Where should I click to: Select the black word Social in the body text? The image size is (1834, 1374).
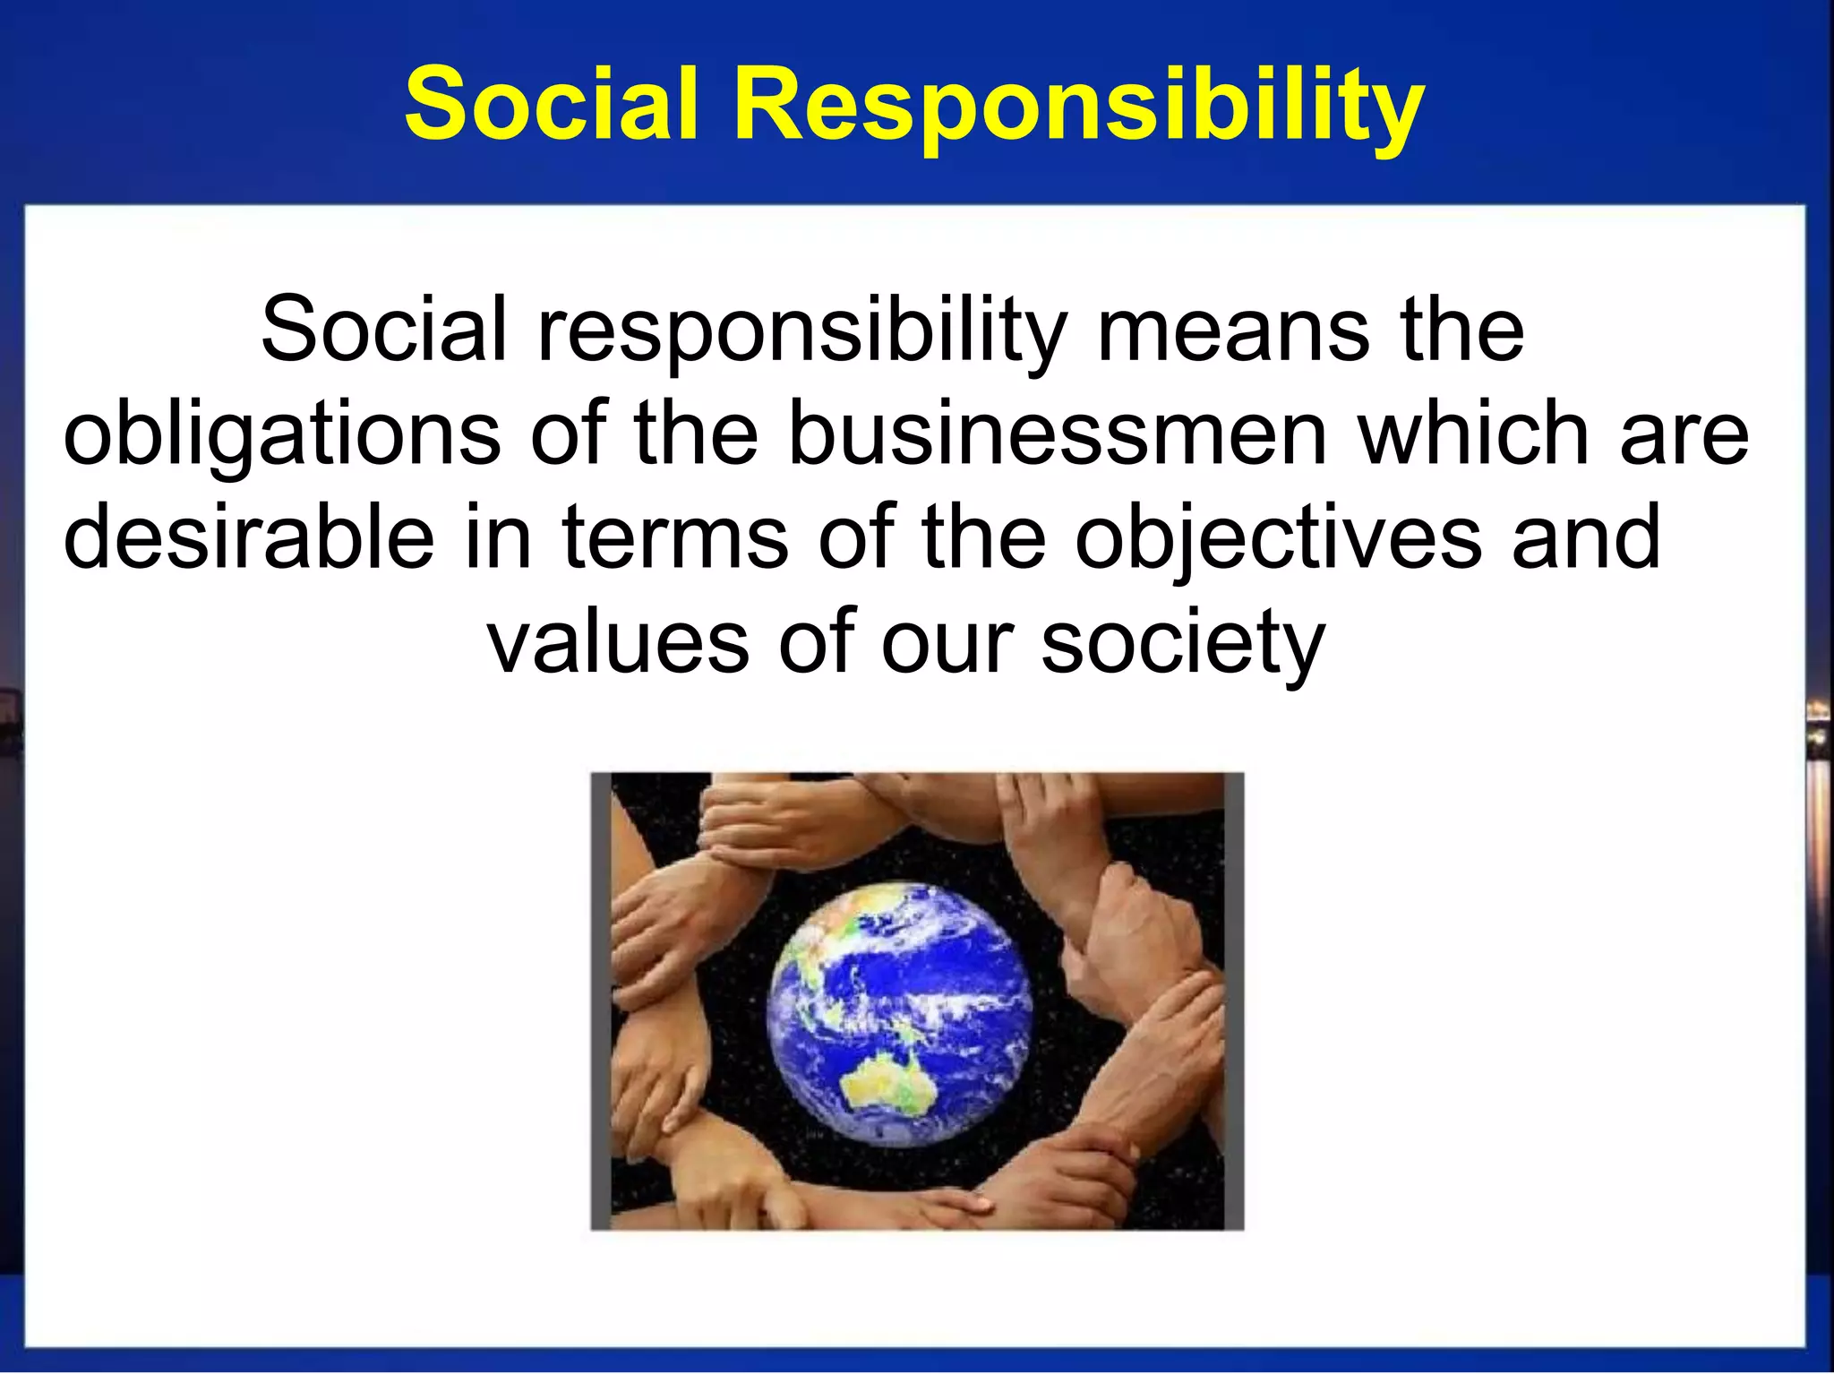[x=384, y=329]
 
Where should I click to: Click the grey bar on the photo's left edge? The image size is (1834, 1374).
[x=601, y=1000]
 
